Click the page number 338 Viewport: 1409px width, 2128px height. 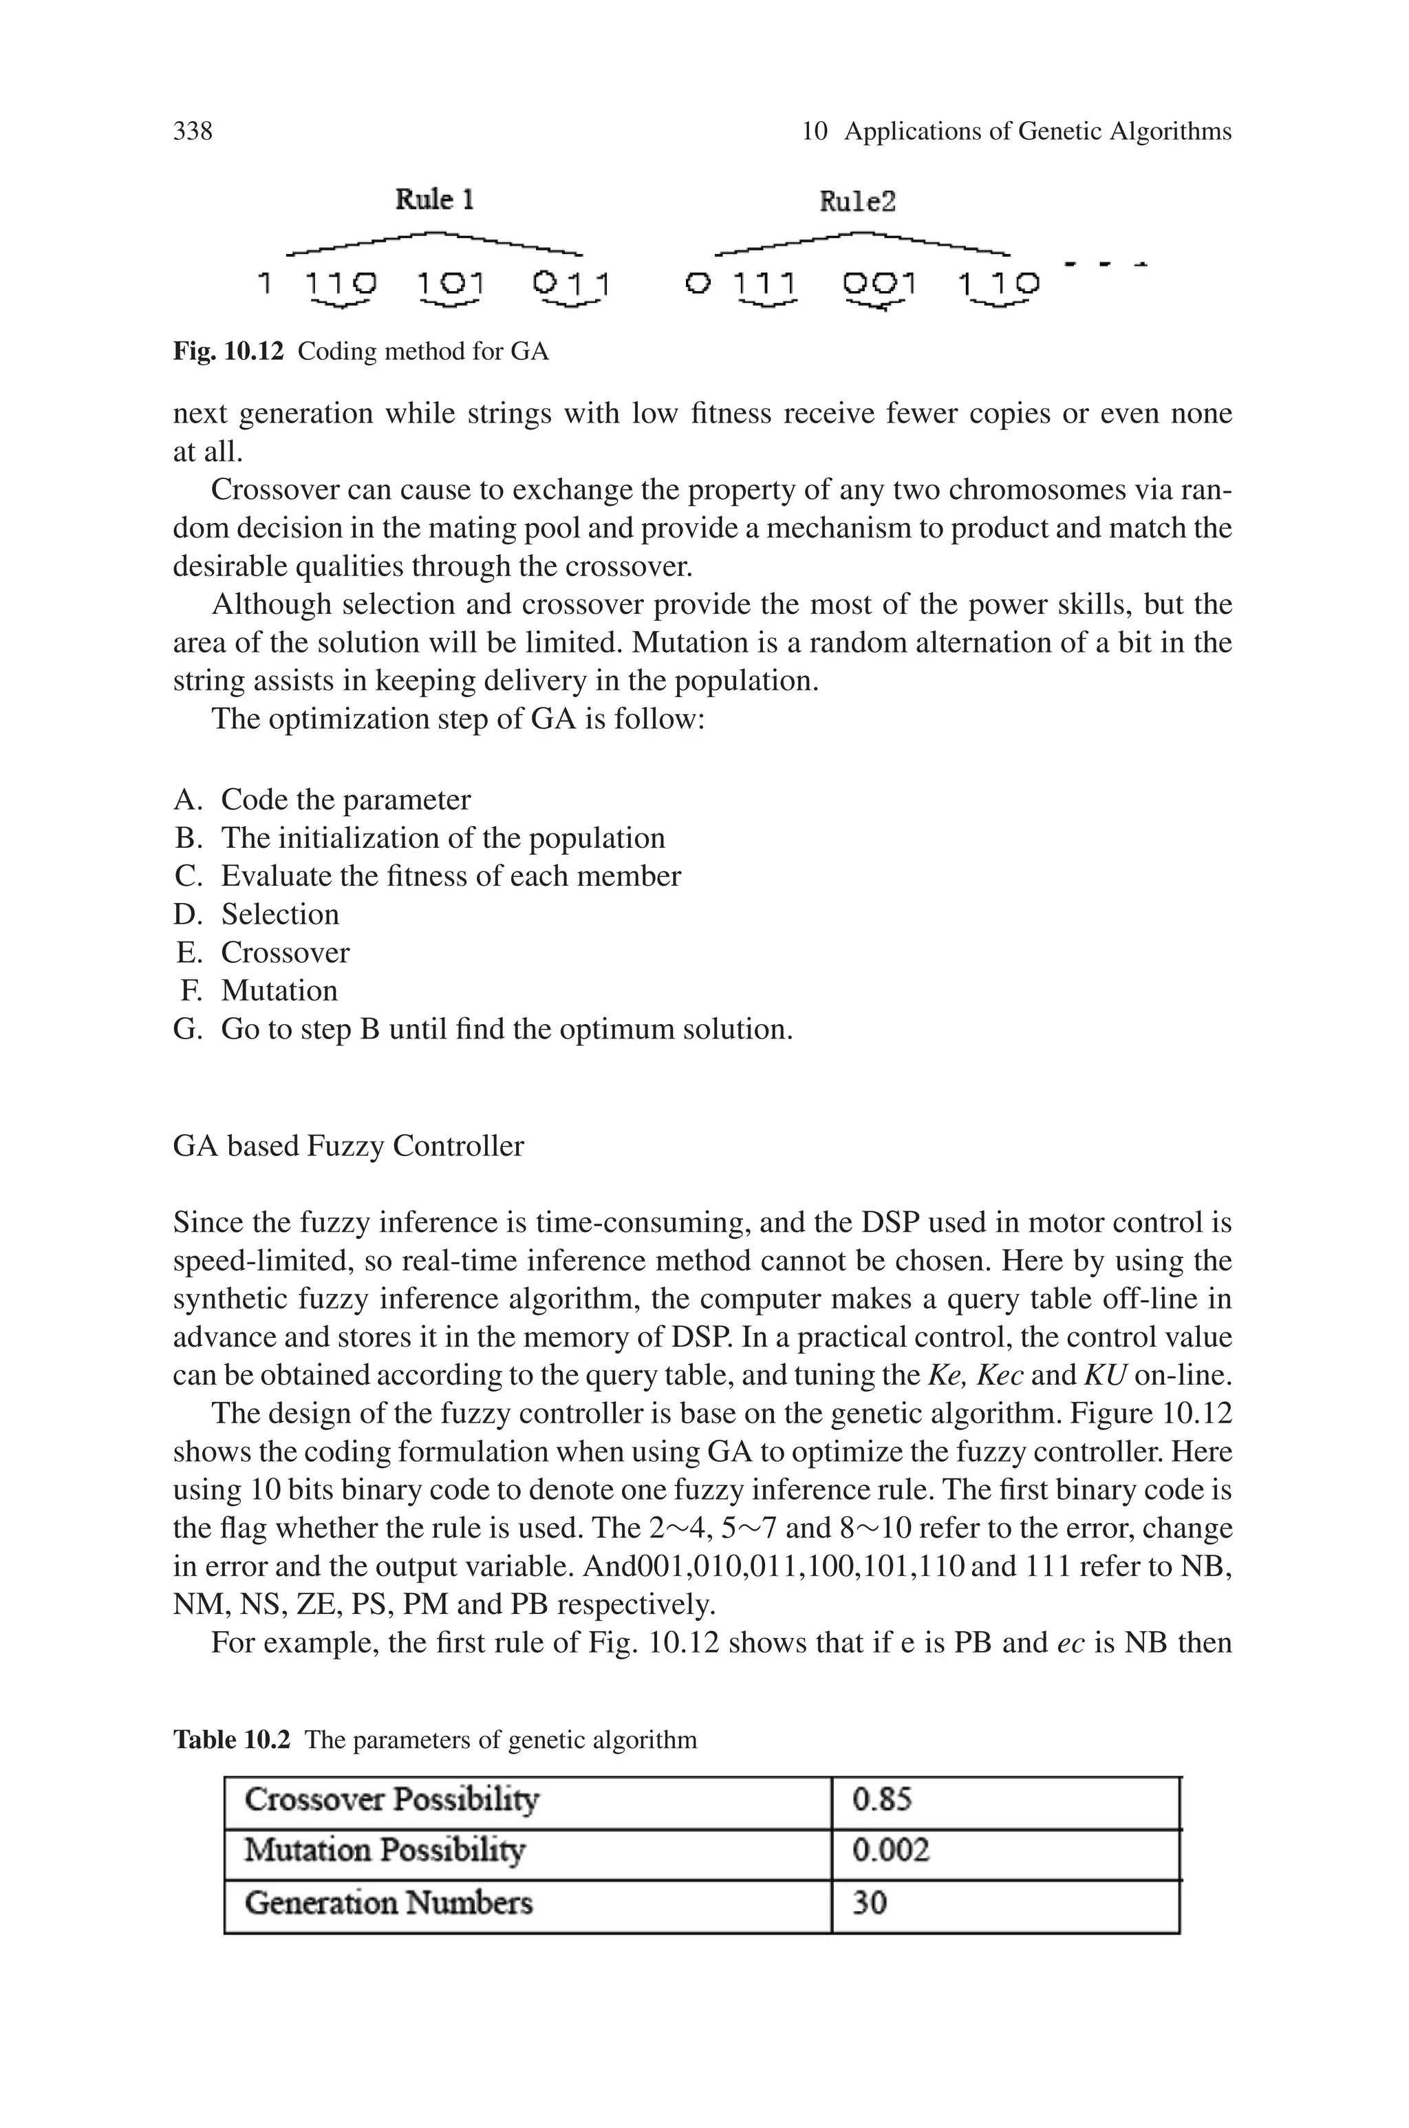(193, 131)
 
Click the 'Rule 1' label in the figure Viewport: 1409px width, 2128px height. (435, 199)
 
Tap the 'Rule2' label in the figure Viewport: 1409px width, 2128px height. (857, 201)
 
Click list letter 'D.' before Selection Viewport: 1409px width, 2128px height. (189, 914)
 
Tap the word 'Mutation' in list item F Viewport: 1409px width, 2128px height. (279, 990)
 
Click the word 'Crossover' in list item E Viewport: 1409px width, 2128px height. (285, 952)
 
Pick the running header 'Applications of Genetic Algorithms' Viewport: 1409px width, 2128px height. (1037, 131)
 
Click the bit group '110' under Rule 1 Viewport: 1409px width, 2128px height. (341, 285)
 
